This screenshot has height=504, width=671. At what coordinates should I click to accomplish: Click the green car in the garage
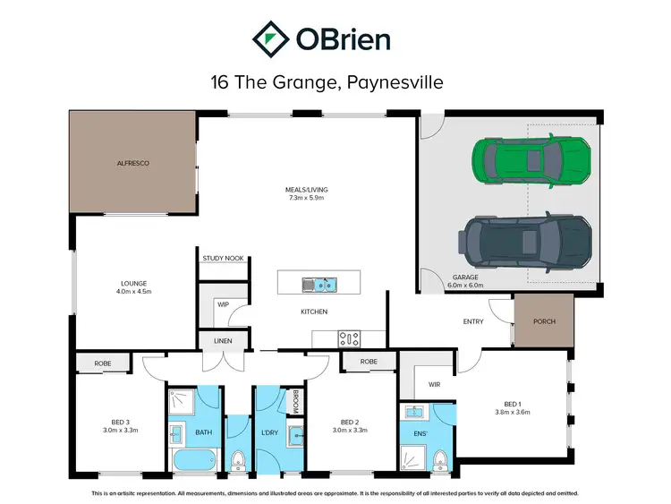pyautogui.click(x=527, y=161)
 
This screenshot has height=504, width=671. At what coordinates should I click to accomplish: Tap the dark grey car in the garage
pyautogui.click(x=527, y=240)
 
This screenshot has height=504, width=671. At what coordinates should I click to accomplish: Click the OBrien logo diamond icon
pyautogui.click(x=269, y=38)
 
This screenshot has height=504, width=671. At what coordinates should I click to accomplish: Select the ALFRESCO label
pyautogui.click(x=132, y=164)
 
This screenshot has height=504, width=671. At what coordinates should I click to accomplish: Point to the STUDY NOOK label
pyautogui.click(x=223, y=258)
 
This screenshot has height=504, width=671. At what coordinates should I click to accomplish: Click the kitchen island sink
pyautogui.click(x=319, y=284)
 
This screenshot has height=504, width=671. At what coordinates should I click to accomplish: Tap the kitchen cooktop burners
pyautogui.click(x=349, y=338)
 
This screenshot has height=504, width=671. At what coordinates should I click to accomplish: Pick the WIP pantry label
pyautogui.click(x=224, y=304)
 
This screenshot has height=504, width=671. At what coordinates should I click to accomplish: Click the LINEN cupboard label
pyautogui.click(x=223, y=341)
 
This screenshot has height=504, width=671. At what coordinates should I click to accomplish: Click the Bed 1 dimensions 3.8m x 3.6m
pyautogui.click(x=513, y=413)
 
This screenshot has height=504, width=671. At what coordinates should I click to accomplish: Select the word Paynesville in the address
pyautogui.click(x=389, y=82)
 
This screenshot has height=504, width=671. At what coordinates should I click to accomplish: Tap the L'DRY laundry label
pyautogui.click(x=268, y=433)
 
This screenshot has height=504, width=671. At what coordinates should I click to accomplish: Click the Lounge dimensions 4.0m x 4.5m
pyautogui.click(x=134, y=291)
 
